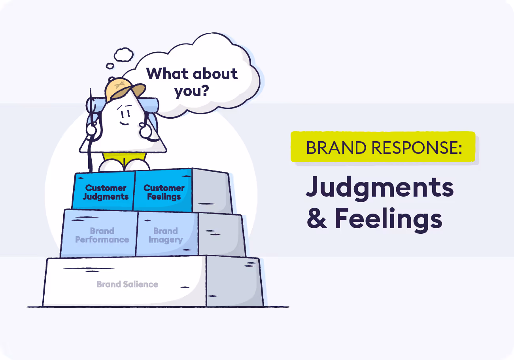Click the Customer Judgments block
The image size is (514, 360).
point(106,192)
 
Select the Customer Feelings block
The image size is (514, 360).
point(164,192)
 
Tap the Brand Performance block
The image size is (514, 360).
point(102,235)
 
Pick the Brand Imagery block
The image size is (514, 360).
point(166,235)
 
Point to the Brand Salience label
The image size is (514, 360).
point(127,284)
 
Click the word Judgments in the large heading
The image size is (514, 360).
point(380,187)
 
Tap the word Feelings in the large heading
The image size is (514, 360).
point(388,219)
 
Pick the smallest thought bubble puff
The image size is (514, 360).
point(110,66)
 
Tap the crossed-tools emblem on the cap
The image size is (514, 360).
point(118,84)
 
